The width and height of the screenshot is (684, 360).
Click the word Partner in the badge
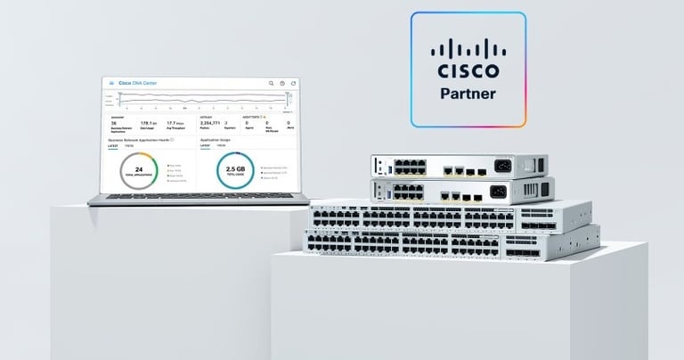click(x=468, y=92)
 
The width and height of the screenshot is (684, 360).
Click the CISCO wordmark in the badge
click(x=468, y=70)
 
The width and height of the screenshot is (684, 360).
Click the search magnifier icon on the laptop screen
click(x=272, y=84)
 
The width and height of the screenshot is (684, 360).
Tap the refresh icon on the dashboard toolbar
click(x=293, y=84)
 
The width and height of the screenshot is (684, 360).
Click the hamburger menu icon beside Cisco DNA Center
click(x=111, y=83)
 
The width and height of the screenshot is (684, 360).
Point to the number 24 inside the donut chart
click(x=138, y=169)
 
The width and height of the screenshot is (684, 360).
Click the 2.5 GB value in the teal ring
click(x=235, y=169)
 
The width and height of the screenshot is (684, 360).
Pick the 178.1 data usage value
click(x=148, y=123)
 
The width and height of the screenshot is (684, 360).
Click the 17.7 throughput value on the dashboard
click(x=175, y=123)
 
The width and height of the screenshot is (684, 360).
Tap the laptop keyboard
click(x=196, y=197)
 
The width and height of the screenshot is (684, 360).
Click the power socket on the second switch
click(x=498, y=191)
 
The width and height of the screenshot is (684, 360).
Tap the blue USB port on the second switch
click(x=382, y=190)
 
